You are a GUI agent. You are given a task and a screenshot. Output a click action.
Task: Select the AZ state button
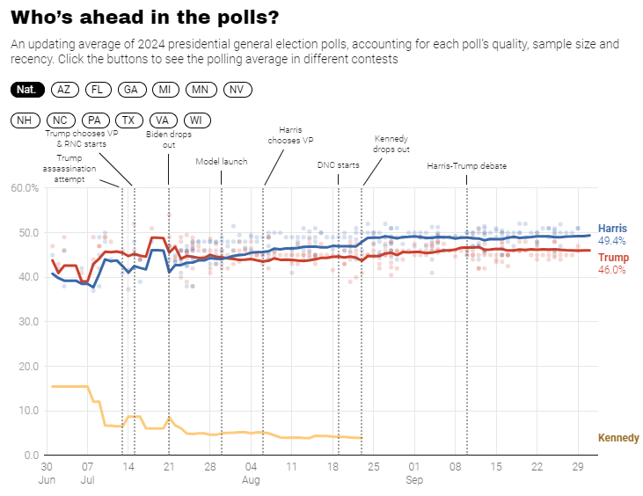point(63,90)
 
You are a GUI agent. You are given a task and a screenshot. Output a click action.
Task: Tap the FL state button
point(98,90)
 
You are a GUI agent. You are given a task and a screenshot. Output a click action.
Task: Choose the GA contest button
point(131,90)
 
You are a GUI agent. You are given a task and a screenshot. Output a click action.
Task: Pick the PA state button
point(94,120)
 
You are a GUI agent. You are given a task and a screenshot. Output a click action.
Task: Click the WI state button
point(196,120)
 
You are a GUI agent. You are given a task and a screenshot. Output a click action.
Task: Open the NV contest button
point(236,90)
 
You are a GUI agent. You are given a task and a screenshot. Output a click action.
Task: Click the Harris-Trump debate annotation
point(466,165)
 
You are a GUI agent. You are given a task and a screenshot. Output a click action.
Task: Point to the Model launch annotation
point(221,162)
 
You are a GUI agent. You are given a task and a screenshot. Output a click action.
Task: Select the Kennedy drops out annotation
point(391,144)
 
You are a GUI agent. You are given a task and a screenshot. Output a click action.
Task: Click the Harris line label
point(612,229)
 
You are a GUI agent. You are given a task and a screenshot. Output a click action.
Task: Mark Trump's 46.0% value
point(612,270)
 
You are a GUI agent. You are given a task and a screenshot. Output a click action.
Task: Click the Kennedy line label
point(618,438)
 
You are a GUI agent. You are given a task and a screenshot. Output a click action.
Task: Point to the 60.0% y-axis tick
point(24,188)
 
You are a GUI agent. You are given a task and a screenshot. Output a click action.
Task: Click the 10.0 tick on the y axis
point(26,411)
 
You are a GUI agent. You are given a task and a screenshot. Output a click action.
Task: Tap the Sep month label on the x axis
point(414,480)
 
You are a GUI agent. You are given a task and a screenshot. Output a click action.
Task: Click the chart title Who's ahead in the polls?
point(145,17)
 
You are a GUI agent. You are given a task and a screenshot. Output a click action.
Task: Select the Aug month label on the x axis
point(251,480)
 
